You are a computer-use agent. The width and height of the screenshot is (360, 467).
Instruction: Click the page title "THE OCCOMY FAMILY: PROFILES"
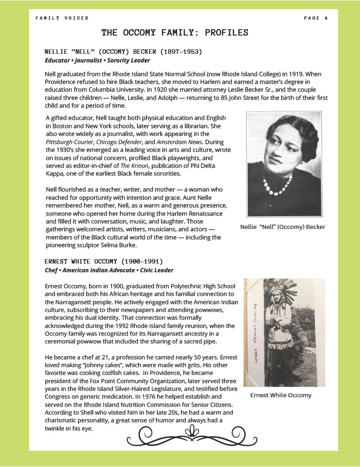(x=175, y=33)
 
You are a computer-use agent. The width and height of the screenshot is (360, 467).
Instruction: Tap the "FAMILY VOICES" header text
(x=62, y=18)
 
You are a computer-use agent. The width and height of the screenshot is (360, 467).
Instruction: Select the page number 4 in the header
(x=326, y=18)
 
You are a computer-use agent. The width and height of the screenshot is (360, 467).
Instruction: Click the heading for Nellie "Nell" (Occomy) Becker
(x=123, y=52)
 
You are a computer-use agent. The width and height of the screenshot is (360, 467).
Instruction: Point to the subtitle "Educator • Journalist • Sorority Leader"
(x=97, y=60)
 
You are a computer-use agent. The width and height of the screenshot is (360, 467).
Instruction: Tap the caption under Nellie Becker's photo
(x=283, y=227)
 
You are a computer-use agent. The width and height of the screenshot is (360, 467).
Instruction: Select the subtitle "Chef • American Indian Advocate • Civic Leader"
(x=109, y=270)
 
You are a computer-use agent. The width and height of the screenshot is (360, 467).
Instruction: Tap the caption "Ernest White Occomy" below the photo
(x=281, y=395)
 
